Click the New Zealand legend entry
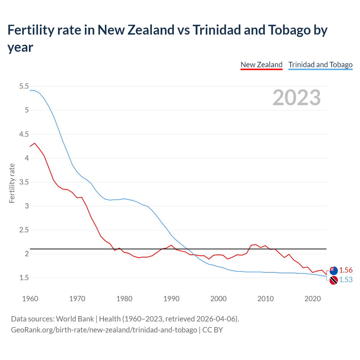(261, 65)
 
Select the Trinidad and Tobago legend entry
(320, 65)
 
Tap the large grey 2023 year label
(296, 98)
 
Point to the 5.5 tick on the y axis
(24, 86)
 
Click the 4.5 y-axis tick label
(24, 134)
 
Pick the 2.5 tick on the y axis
(24, 230)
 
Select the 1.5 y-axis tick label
(24, 278)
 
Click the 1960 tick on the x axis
(30, 299)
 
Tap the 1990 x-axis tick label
(171, 299)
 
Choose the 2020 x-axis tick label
(312, 299)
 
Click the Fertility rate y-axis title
(12, 183)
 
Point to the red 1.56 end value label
(346, 270)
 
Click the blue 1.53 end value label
(346, 280)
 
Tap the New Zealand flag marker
(334, 271)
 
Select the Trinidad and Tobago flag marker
(334, 280)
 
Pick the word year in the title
(20, 47)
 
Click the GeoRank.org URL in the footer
(104, 330)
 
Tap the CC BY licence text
(212, 330)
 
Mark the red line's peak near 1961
(35, 143)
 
